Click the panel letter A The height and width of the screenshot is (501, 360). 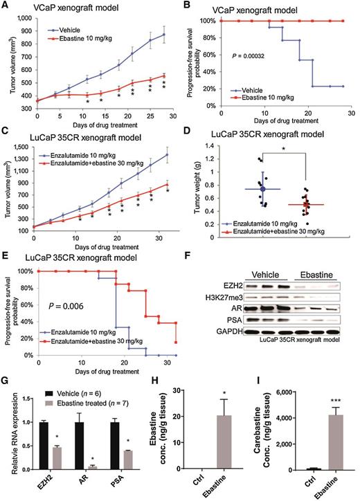tap(6, 6)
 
